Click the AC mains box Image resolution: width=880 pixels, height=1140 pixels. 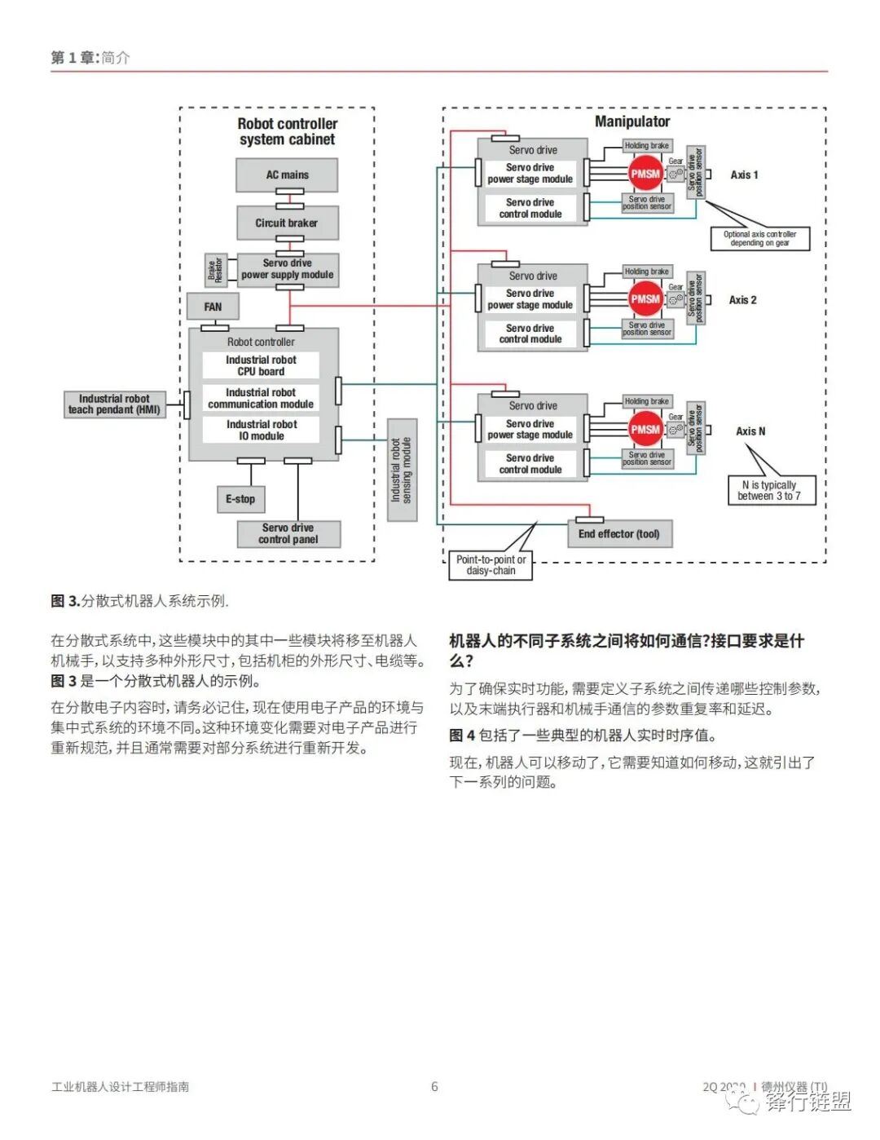287,175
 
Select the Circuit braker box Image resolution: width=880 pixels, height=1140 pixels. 287,223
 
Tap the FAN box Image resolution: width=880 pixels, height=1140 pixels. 213,307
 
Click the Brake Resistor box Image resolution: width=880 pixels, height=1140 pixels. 215,269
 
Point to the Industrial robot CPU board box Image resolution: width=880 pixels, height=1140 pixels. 261,365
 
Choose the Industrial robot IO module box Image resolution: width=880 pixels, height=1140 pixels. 261,430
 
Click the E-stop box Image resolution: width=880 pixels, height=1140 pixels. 240,499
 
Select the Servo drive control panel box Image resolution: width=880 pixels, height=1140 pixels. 288,533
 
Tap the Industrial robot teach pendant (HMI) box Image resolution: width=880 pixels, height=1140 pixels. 114,404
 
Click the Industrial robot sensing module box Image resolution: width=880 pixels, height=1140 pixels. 402,470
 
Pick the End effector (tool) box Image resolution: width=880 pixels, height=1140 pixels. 618,534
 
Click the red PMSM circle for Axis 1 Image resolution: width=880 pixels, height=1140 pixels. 645,174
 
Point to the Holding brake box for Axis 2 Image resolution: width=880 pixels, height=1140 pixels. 647,272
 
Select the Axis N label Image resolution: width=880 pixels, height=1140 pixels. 750,431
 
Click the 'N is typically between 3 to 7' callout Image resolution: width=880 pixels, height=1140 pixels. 768,490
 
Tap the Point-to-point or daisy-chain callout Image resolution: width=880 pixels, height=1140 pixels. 491,565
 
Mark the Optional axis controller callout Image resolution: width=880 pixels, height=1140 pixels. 759,238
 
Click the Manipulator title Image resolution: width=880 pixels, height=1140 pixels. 632,122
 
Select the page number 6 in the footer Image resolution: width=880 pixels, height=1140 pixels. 434,1086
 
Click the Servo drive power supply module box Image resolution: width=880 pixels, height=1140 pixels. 287,269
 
